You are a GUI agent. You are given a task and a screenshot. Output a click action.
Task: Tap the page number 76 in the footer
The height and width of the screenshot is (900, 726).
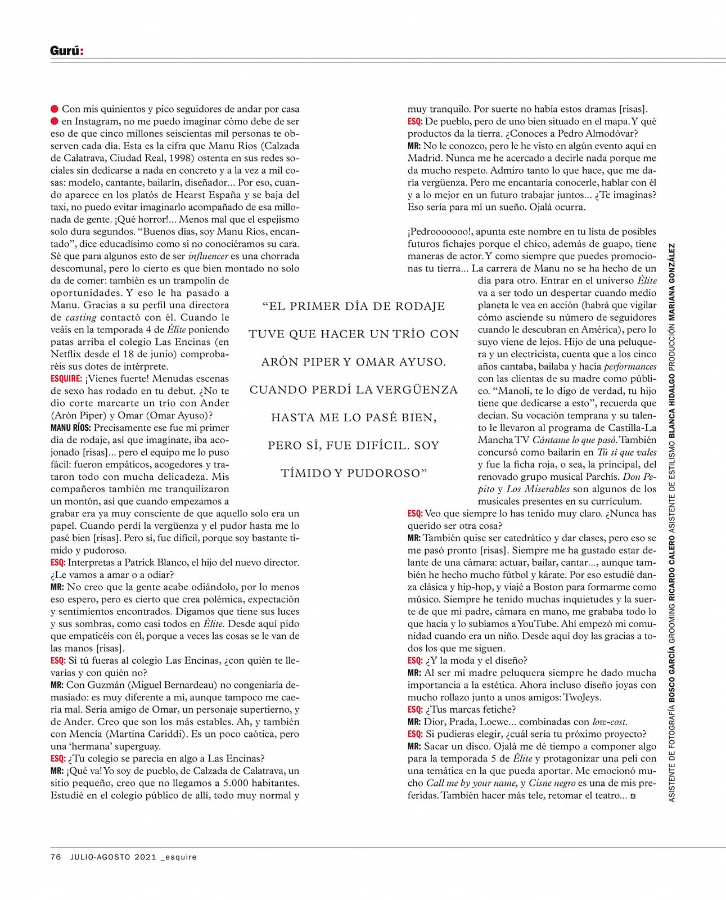pyautogui.click(x=56, y=857)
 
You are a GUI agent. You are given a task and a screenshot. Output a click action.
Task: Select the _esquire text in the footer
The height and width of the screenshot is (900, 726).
pyautogui.click(x=179, y=857)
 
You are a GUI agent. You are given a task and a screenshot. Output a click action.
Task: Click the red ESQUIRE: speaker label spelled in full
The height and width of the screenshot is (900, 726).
pyautogui.click(x=66, y=379)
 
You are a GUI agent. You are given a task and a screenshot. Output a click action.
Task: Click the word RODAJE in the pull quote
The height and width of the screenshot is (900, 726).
pyautogui.click(x=417, y=307)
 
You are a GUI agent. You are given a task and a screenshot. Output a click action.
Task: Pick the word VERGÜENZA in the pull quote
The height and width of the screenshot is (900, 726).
pyautogui.click(x=412, y=390)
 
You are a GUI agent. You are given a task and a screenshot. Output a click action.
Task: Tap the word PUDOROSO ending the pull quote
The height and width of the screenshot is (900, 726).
pyautogui.click(x=387, y=473)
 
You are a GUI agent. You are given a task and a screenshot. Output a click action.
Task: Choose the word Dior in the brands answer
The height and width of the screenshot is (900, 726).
pyautogui.click(x=434, y=722)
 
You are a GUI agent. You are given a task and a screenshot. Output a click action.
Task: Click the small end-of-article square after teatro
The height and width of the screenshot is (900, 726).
pyautogui.click(x=634, y=796)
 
